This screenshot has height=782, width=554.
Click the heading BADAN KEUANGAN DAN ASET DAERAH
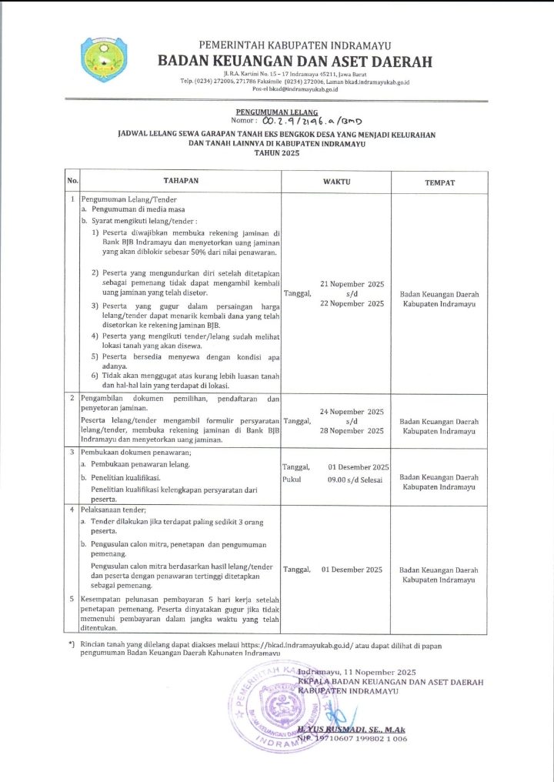pyautogui.click(x=295, y=62)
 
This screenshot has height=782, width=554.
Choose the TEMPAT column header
pyautogui.click(x=439, y=182)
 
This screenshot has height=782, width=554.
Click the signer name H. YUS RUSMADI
pyautogui.click(x=350, y=728)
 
